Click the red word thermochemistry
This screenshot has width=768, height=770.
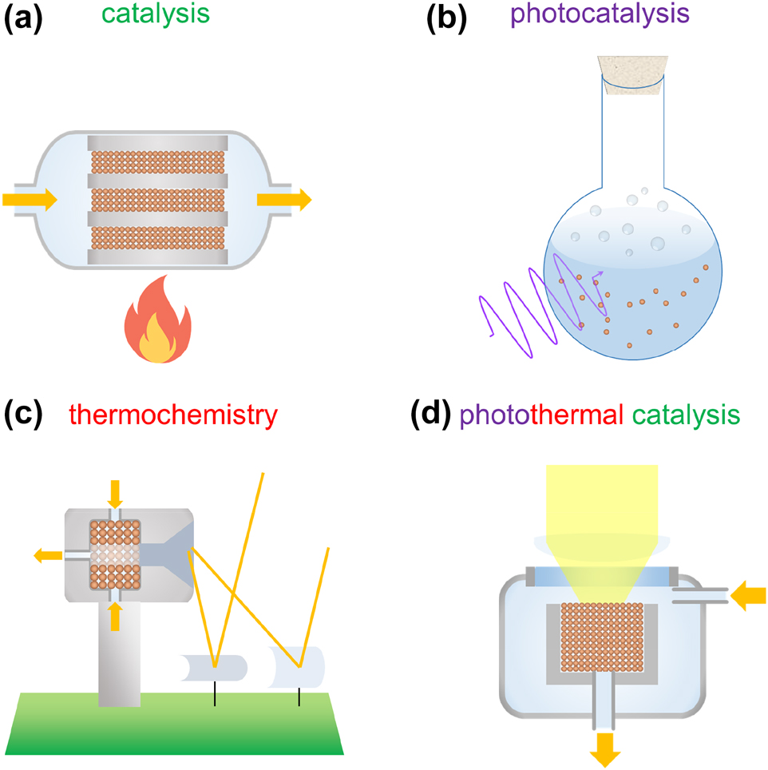[173, 415]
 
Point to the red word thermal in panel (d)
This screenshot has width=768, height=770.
[578, 415]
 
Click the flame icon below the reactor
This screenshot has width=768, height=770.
[156, 320]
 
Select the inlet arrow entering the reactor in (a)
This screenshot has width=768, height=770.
[30, 199]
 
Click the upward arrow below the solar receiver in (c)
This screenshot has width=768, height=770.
[116, 616]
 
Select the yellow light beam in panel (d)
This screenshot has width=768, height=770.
[601, 503]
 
